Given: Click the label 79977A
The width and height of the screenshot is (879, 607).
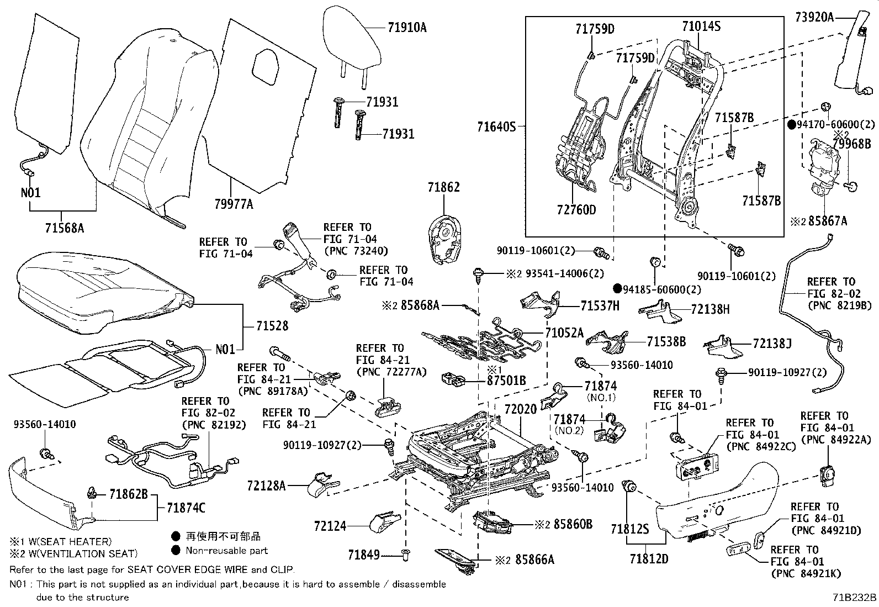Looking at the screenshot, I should [234, 205].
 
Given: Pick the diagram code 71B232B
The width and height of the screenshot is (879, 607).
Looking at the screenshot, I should [855, 598].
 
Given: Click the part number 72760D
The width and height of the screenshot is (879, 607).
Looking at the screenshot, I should [576, 210].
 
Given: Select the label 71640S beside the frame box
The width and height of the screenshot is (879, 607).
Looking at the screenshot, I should [496, 127].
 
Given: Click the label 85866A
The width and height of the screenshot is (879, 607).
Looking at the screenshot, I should [534, 560].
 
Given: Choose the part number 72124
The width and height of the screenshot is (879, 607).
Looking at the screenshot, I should [330, 526].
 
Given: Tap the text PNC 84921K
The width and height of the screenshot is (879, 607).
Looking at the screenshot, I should [806, 574].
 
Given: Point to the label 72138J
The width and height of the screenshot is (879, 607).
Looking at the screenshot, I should [772, 344].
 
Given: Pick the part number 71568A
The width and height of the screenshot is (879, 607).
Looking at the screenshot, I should [64, 228].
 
